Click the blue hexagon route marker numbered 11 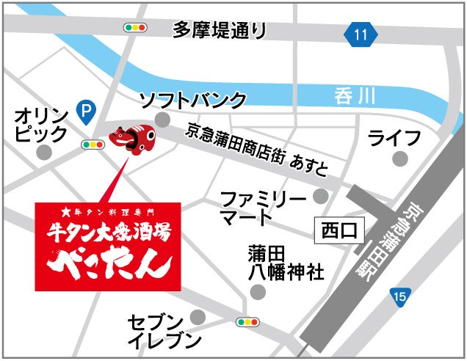coord(359,34)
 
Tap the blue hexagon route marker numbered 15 coord(399,296)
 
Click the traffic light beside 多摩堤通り coord(136,28)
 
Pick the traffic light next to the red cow coord(93,145)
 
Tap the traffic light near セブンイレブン coord(247,321)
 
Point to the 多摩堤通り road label coord(219,30)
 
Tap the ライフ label coord(394,137)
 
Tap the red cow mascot coord(132,139)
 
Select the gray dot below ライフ coord(399,158)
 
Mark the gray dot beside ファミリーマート coord(320,196)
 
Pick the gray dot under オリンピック coord(45,151)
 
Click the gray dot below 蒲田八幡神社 coord(257,291)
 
